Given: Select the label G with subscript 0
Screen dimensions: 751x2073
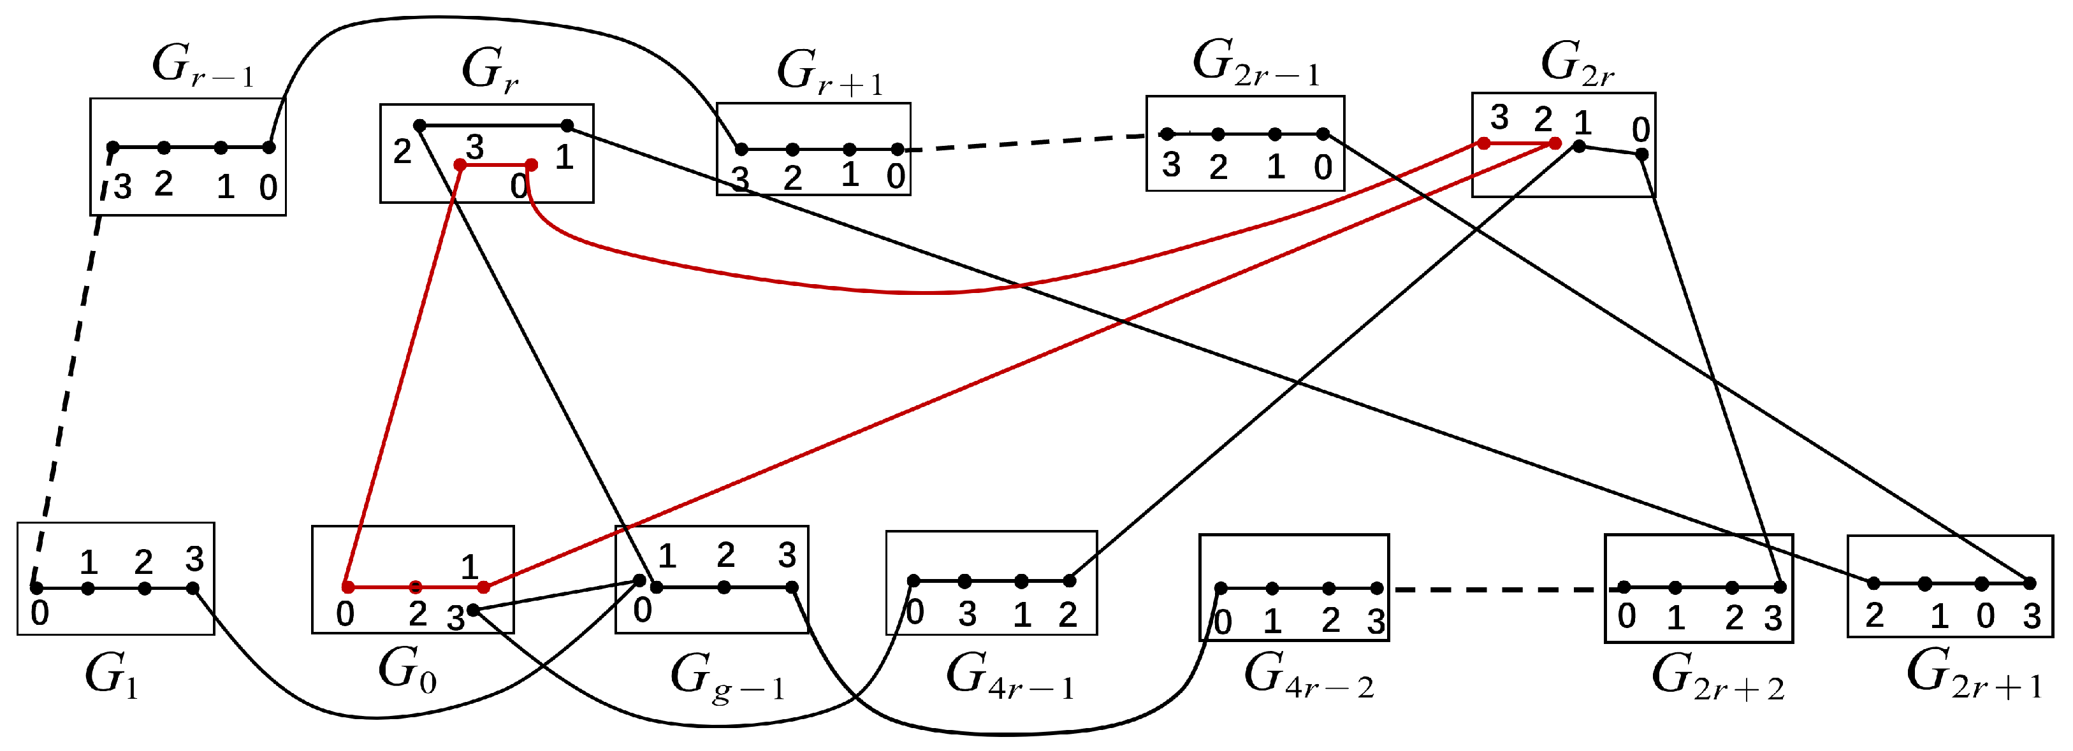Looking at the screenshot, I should click(x=407, y=671).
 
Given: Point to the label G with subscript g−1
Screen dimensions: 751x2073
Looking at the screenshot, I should click(x=726, y=675).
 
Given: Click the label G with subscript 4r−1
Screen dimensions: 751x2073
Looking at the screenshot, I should click(x=1009, y=675).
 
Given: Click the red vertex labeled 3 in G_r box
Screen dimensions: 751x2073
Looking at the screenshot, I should click(x=460, y=165).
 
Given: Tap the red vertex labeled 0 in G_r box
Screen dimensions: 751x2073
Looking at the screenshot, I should click(x=531, y=165).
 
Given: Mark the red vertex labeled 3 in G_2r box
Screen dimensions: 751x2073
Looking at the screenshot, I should click(x=1483, y=143).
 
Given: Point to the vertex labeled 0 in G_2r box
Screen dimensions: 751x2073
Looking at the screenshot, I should click(x=1641, y=154).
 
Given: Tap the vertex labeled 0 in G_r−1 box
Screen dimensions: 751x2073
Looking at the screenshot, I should click(x=269, y=147).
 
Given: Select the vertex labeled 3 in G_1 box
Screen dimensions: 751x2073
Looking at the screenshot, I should click(x=193, y=588).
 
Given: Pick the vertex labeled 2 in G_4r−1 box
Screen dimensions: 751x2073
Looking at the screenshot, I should click(x=1068, y=580).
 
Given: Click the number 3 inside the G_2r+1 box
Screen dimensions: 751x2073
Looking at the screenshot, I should click(x=2031, y=617).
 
